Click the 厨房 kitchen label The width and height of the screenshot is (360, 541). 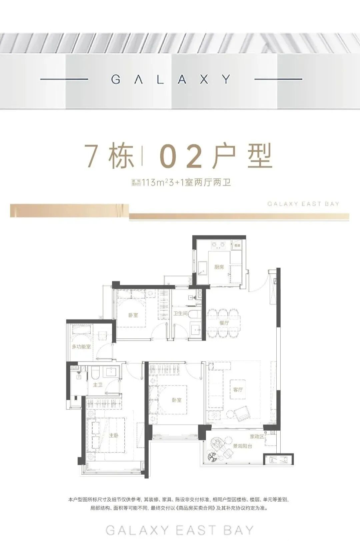point(219,267)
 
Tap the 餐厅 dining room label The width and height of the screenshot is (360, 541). point(224,323)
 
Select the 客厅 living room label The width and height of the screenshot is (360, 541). point(238,389)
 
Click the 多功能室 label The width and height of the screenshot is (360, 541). point(81,347)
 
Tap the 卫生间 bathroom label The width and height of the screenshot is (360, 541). point(180,314)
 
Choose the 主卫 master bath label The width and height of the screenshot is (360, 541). point(98,385)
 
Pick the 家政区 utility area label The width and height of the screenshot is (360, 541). point(257,436)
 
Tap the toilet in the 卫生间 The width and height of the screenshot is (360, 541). point(195,314)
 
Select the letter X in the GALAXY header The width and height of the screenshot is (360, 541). point(205,79)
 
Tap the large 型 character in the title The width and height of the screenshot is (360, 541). point(257,156)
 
